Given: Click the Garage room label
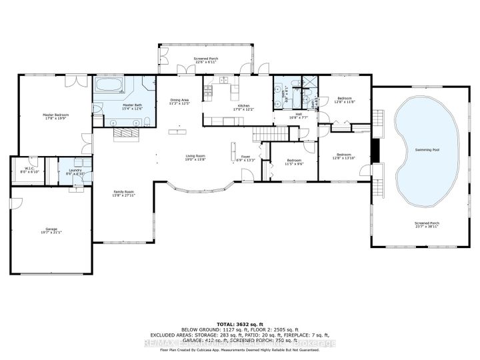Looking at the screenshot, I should click(45, 229).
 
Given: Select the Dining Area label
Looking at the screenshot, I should click(179, 100).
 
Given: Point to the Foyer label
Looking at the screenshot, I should click(245, 157).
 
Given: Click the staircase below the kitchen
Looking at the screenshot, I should click(273, 133).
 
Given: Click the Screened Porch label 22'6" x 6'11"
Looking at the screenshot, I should click(206, 59).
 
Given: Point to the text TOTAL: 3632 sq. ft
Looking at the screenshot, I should click(239, 321).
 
